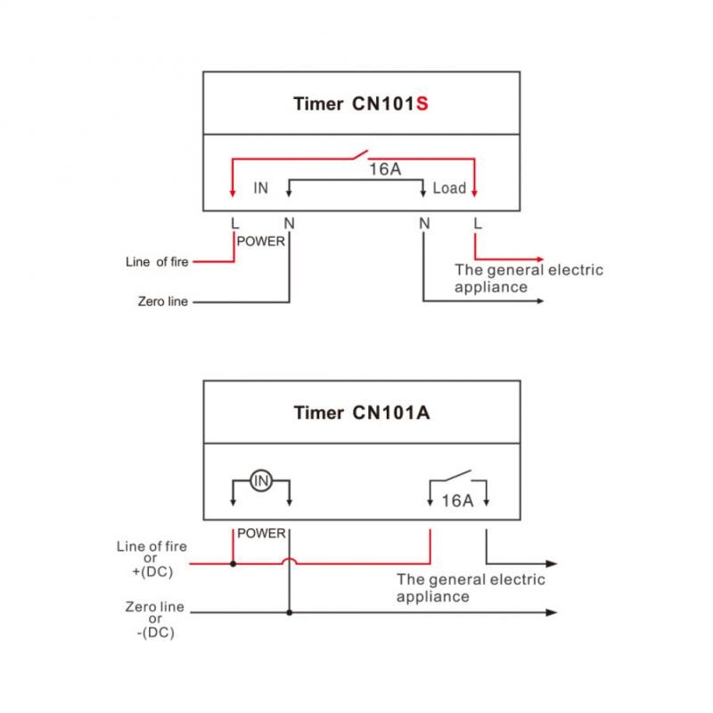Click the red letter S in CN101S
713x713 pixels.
point(422,103)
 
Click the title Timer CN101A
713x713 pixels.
point(361,413)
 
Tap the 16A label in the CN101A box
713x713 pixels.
point(458,501)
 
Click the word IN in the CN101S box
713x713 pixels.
point(260,188)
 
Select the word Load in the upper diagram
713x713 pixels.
point(449,188)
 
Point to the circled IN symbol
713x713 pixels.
point(260,481)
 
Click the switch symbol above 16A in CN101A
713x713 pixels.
point(458,476)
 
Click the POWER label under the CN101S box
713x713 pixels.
point(261,242)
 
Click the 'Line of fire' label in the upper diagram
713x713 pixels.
point(157,262)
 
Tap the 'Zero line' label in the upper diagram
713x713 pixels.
point(163,302)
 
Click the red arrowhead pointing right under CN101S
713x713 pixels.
point(537,258)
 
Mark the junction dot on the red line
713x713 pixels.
point(234,563)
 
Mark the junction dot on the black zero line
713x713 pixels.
point(289,612)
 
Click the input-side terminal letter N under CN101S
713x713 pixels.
point(288,223)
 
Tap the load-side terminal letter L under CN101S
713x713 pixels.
point(479,223)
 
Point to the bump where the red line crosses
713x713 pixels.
point(289,561)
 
